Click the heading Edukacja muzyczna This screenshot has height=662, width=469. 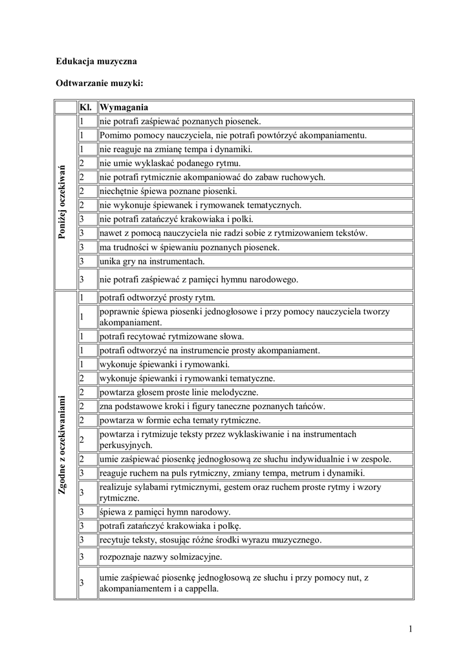(x=96, y=61)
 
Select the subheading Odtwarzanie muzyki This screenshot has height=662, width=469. (x=100, y=84)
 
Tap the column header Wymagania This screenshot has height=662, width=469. (x=124, y=107)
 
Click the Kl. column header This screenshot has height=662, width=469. (x=86, y=107)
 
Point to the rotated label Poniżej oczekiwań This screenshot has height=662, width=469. (x=63, y=202)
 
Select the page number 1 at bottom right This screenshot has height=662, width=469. (x=410, y=628)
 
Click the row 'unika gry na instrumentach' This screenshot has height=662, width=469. (x=152, y=261)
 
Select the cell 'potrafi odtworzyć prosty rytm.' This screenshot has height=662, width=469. (x=157, y=298)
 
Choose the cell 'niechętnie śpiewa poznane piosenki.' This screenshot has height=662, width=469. (x=168, y=191)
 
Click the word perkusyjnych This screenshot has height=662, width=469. (x=125, y=445)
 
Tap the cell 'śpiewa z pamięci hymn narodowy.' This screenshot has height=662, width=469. (x=165, y=512)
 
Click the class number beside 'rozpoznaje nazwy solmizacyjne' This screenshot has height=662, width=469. (x=82, y=556)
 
